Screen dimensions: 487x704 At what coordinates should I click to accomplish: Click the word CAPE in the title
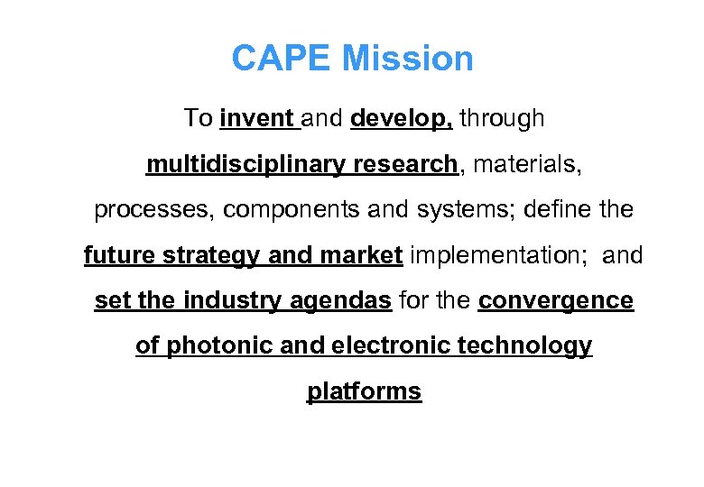[x=283, y=60]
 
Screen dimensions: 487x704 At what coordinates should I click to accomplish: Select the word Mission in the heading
[x=408, y=60]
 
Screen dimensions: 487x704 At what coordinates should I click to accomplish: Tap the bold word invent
[x=256, y=118]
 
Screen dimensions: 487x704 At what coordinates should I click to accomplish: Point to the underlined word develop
[x=401, y=118]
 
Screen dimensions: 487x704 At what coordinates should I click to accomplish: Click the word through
[x=503, y=118]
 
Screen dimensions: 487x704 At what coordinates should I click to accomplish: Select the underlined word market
[x=359, y=256]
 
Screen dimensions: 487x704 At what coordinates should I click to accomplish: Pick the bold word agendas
[x=342, y=301]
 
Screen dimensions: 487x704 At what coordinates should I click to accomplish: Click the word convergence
[x=556, y=301]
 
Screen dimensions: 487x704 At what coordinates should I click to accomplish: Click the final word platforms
[x=364, y=392]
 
